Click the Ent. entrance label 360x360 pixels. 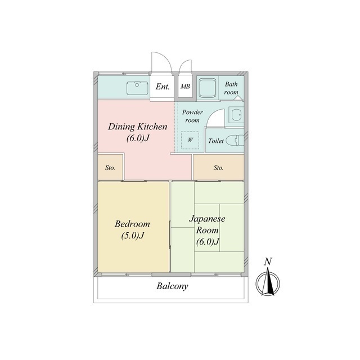coord(163,87)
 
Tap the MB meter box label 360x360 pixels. coord(185,87)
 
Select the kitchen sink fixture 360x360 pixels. coord(137,88)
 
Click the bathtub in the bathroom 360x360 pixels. coord(208,88)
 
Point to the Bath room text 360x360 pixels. coord(231,88)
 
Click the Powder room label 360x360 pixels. coord(192,116)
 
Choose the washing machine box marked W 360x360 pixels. coord(190,140)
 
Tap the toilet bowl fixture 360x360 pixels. coord(235,141)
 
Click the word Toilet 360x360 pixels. coord(216,141)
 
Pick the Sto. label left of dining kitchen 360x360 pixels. coord(110,168)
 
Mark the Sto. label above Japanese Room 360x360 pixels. coord(218,168)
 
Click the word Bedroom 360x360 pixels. coord(132,224)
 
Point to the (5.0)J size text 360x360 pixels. coord(133,236)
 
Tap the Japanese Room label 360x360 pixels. coord(208,224)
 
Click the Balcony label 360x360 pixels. coord(172,286)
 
